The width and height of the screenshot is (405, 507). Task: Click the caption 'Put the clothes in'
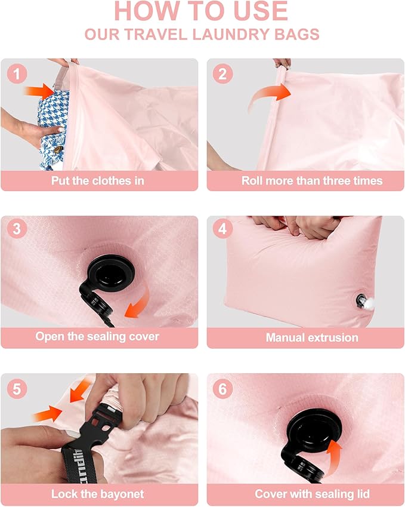click(x=98, y=180)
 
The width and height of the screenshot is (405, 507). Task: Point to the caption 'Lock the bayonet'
click(x=98, y=494)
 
